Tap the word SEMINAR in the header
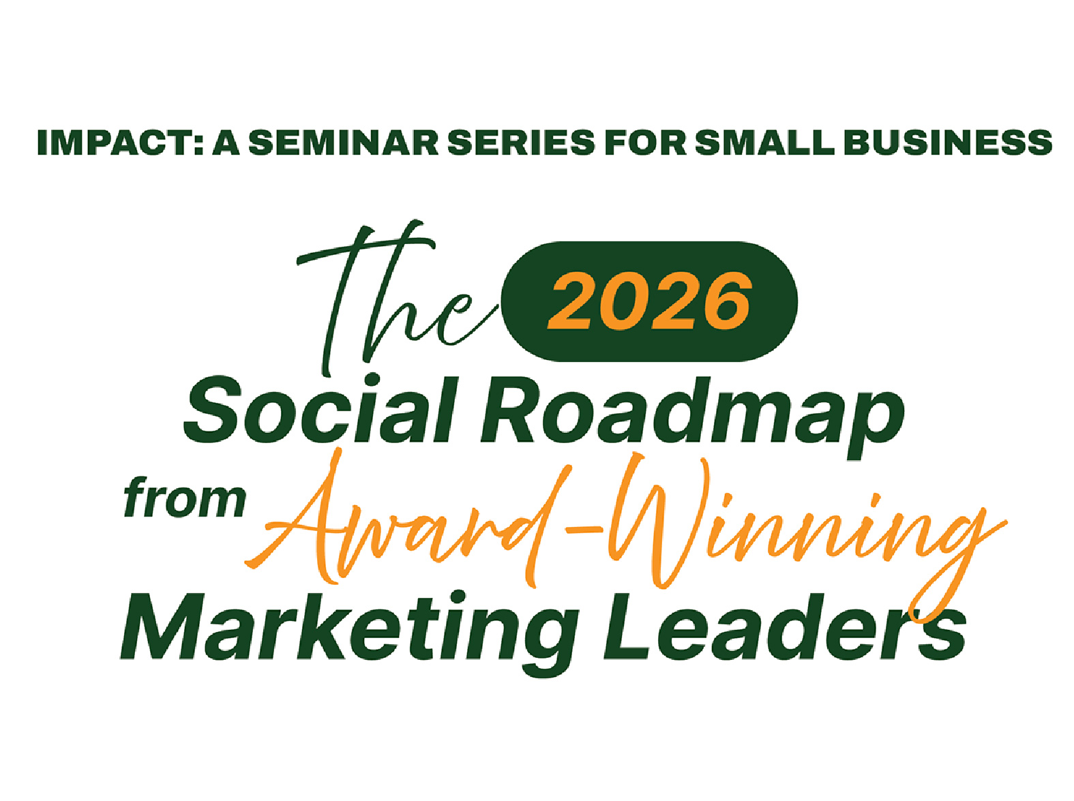tap(344, 142)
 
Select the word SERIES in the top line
tap(521, 142)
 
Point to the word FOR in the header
tap(646, 142)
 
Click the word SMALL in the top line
tap(765, 142)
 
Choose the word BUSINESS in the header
tap(948, 142)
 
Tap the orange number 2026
tap(648, 300)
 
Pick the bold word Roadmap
tap(692, 416)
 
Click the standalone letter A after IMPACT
tap(226, 142)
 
